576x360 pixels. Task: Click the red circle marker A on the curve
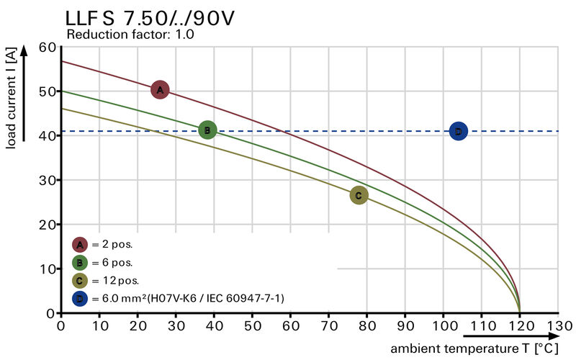tap(160, 89)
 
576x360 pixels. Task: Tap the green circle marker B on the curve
tap(207, 130)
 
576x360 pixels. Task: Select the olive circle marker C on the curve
tap(359, 195)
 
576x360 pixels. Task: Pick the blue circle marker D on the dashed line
tap(458, 131)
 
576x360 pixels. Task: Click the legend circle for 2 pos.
tap(80, 245)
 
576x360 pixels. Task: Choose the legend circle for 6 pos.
tap(80, 262)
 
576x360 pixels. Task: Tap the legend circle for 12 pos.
tap(80, 280)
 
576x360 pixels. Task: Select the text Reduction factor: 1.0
tap(130, 34)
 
